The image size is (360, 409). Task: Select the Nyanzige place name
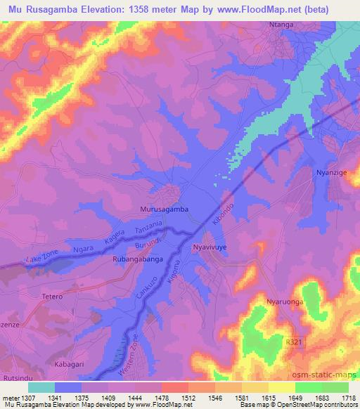(331, 171)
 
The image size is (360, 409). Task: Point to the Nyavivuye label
(212, 247)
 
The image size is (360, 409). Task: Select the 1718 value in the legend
(347, 398)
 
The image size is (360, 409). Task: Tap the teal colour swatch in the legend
(41, 387)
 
